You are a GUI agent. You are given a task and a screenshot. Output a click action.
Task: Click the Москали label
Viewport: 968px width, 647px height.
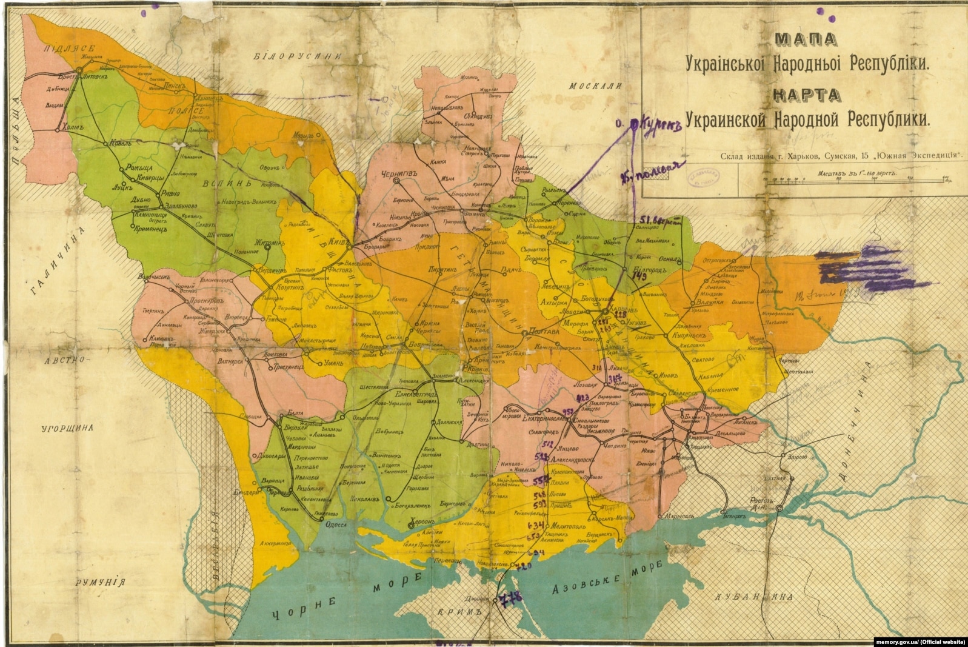click(x=596, y=87)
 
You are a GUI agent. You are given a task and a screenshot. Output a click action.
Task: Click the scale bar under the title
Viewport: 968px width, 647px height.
click(x=855, y=180)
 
